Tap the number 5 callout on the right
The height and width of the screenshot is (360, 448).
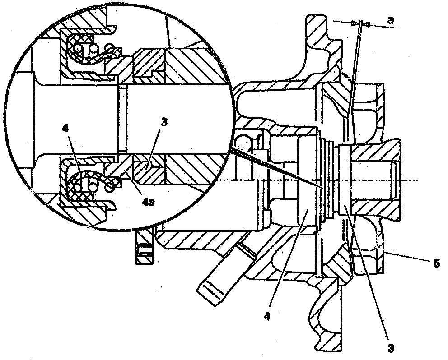(x=436, y=263)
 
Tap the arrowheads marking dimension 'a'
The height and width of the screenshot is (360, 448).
(x=361, y=23)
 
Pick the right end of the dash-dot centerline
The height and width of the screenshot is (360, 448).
(x=417, y=180)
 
